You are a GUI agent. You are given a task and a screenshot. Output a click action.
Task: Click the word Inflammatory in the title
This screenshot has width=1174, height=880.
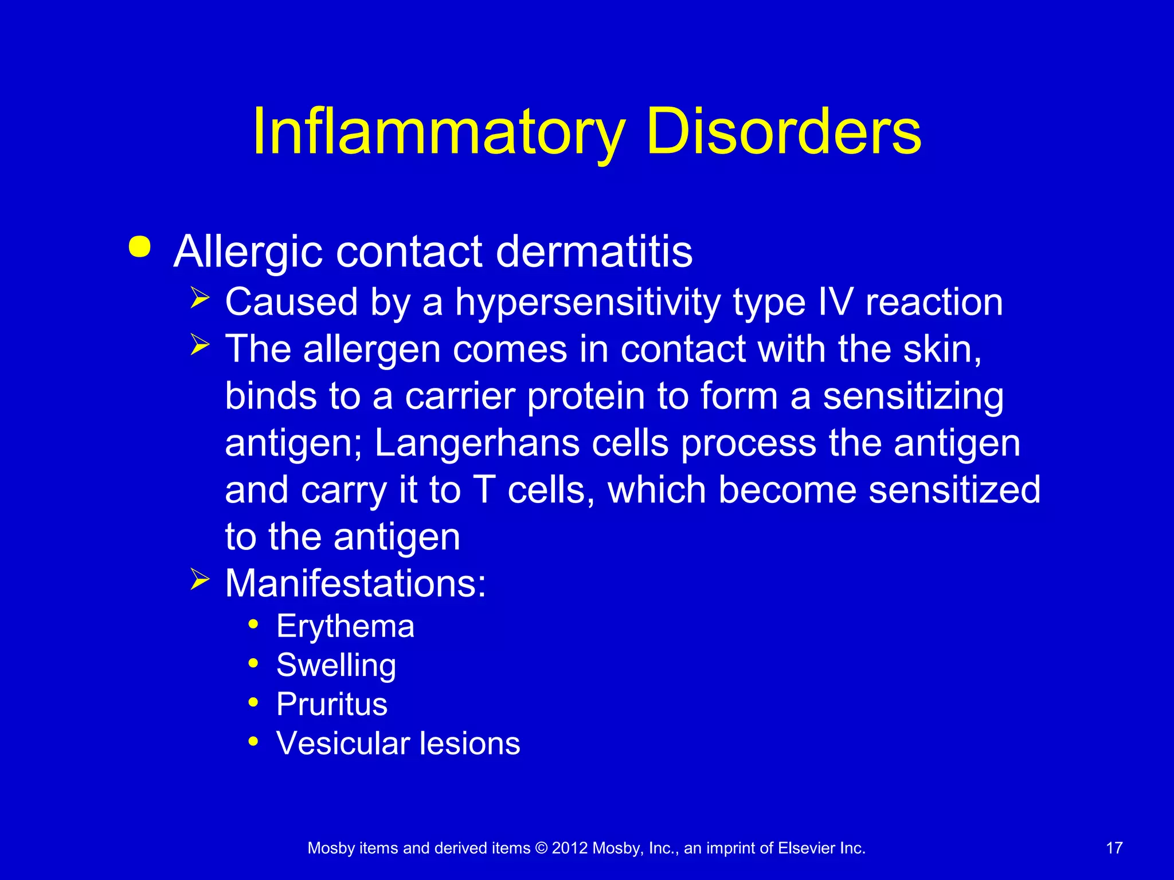pyautogui.click(x=439, y=133)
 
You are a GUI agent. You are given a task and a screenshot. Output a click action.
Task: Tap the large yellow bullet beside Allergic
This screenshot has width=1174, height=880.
pyautogui.click(x=140, y=247)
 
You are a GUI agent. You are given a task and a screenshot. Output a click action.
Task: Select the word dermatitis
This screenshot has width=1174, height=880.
pyautogui.click(x=594, y=252)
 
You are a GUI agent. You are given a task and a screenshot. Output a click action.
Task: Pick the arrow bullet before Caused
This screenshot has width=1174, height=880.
pyautogui.click(x=200, y=298)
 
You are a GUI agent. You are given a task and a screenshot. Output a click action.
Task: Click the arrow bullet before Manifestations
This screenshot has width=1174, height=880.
pyautogui.click(x=200, y=580)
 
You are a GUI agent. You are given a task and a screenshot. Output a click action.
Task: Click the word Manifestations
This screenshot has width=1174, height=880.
pyautogui.click(x=355, y=584)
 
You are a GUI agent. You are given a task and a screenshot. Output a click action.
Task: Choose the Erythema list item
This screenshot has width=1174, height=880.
pyautogui.click(x=345, y=626)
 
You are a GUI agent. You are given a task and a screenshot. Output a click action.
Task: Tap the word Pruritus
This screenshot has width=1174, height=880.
pyautogui.click(x=332, y=704)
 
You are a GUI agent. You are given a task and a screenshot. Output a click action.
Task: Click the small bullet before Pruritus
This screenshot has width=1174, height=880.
pyautogui.click(x=253, y=702)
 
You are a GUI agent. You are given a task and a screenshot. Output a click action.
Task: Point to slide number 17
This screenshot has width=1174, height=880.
pyautogui.click(x=1114, y=848)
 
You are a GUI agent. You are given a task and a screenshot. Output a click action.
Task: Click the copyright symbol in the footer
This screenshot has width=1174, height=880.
pyautogui.click(x=541, y=848)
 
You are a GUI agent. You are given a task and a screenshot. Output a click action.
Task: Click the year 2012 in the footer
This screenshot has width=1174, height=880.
pyautogui.click(x=570, y=848)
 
